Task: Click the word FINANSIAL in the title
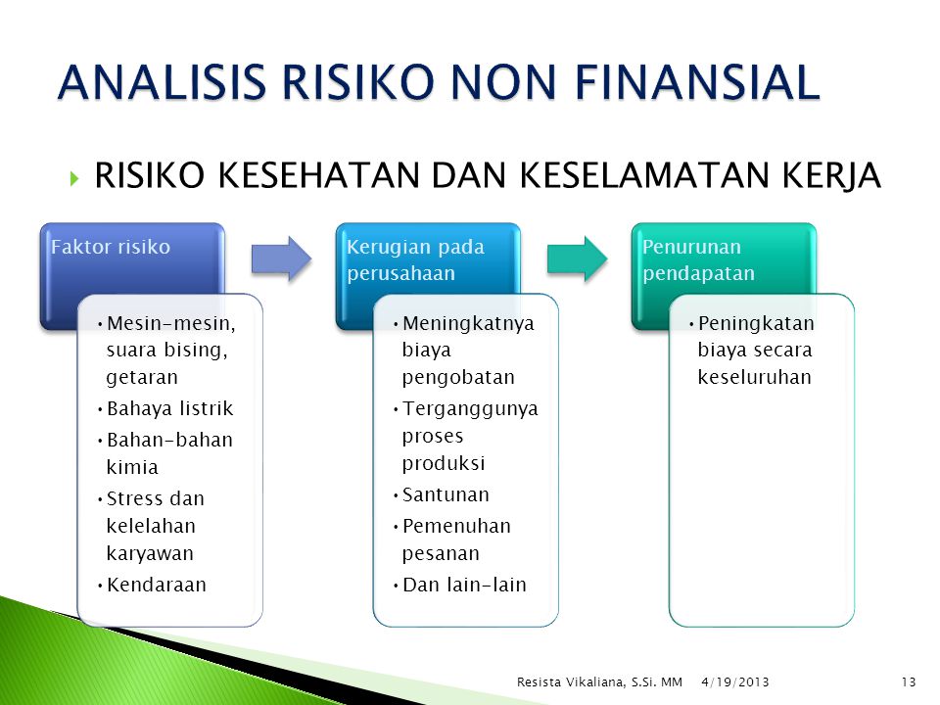(x=697, y=81)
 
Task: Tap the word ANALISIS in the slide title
(x=162, y=81)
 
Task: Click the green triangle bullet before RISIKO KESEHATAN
(x=74, y=178)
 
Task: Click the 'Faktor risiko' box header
(x=111, y=247)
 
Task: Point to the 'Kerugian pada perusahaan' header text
(x=415, y=259)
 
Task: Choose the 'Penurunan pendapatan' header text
(x=698, y=259)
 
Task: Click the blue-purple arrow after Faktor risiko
(x=281, y=258)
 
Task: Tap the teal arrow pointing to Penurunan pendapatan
(x=578, y=258)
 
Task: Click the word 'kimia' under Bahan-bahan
(x=132, y=467)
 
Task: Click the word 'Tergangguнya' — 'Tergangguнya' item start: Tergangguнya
(x=471, y=409)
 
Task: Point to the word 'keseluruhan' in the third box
(x=754, y=377)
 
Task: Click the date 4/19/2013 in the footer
(x=735, y=681)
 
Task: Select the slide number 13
(x=909, y=681)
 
